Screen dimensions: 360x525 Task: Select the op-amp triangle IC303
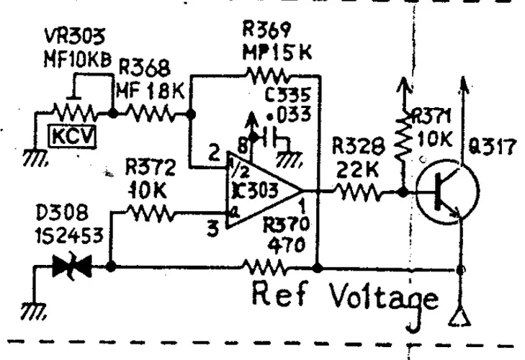coord(263,191)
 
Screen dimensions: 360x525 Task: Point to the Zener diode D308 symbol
coord(70,267)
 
